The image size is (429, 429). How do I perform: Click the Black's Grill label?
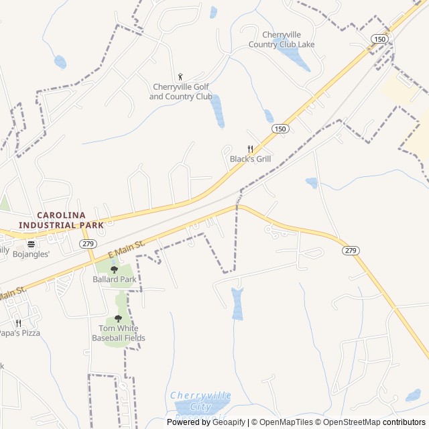click(x=251, y=159)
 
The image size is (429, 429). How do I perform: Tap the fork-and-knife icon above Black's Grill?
click(x=251, y=149)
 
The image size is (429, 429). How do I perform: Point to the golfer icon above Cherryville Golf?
click(x=180, y=77)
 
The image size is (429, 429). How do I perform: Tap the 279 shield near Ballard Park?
click(x=87, y=243)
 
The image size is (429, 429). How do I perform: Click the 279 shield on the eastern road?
click(x=351, y=250)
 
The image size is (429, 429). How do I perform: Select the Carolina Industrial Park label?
click(x=61, y=221)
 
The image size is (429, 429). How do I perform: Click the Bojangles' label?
click(x=32, y=253)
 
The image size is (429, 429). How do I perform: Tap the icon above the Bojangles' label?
click(x=31, y=244)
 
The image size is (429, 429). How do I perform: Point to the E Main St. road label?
click(x=127, y=251)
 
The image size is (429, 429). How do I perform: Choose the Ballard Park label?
click(x=114, y=279)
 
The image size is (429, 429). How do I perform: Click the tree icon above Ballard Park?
click(x=114, y=269)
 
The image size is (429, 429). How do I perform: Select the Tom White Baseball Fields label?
click(x=119, y=333)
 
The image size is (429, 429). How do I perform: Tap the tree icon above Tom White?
click(x=119, y=319)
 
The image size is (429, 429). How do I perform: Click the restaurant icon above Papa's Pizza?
click(x=18, y=323)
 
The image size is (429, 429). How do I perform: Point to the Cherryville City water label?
click(x=200, y=400)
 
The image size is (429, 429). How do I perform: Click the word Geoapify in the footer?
click(x=229, y=422)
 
